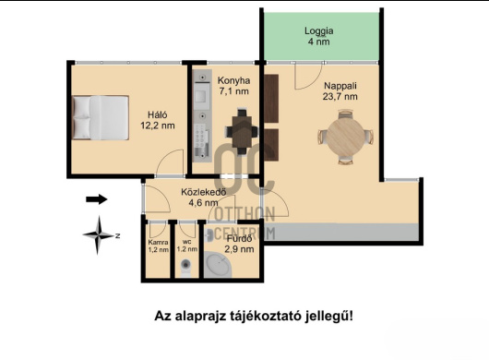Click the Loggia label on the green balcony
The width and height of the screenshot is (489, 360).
[318, 30]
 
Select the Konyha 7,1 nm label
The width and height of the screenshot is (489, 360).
[233, 86]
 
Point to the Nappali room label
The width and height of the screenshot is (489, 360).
[340, 84]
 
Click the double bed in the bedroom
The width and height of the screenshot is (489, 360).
[101, 118]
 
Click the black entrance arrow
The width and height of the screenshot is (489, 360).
[96, 198]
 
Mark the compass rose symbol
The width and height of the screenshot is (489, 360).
[100, 234]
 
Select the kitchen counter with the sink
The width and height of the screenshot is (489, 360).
[201, 120]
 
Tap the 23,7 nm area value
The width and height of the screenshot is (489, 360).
[340, 97]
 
